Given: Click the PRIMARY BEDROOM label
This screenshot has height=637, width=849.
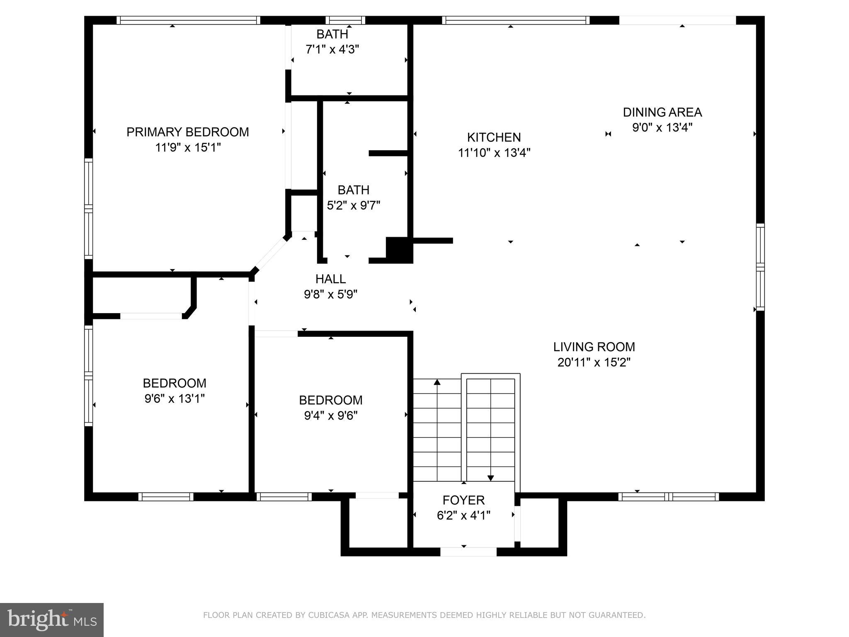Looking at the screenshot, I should [x=187, y=132].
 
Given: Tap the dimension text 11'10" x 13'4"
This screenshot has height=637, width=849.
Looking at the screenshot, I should [x=494, y=153].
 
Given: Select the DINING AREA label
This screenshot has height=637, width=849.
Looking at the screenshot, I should [x=662, y=112].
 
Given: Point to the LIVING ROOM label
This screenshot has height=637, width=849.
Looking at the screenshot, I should [x=594, y=347].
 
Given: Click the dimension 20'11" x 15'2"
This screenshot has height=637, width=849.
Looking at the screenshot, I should [x=594, y=362].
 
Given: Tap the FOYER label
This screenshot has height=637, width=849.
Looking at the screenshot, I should [x=463, y=500].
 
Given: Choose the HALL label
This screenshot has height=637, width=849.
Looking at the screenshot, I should [x=330, y=279].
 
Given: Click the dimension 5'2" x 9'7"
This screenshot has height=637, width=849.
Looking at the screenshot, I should [x=353, y=205].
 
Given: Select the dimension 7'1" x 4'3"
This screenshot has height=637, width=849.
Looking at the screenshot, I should [x=332, y=50].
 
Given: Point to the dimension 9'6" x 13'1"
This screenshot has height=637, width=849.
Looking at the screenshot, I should [x=175, y=399].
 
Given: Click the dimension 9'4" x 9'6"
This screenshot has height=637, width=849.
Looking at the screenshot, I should [x=330, y=416].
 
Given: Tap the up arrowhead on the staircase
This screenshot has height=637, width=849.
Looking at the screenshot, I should [x=437, y=382].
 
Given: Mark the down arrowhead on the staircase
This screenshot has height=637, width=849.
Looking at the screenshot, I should [x=490, y=478].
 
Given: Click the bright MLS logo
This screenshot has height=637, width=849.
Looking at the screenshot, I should [x=52, y=620].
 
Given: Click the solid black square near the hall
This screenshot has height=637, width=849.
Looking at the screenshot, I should [x=399, y=249].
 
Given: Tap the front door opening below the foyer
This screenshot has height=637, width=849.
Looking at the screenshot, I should [x=468, y=552].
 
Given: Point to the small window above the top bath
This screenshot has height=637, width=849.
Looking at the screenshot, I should [x=345, y=20].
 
